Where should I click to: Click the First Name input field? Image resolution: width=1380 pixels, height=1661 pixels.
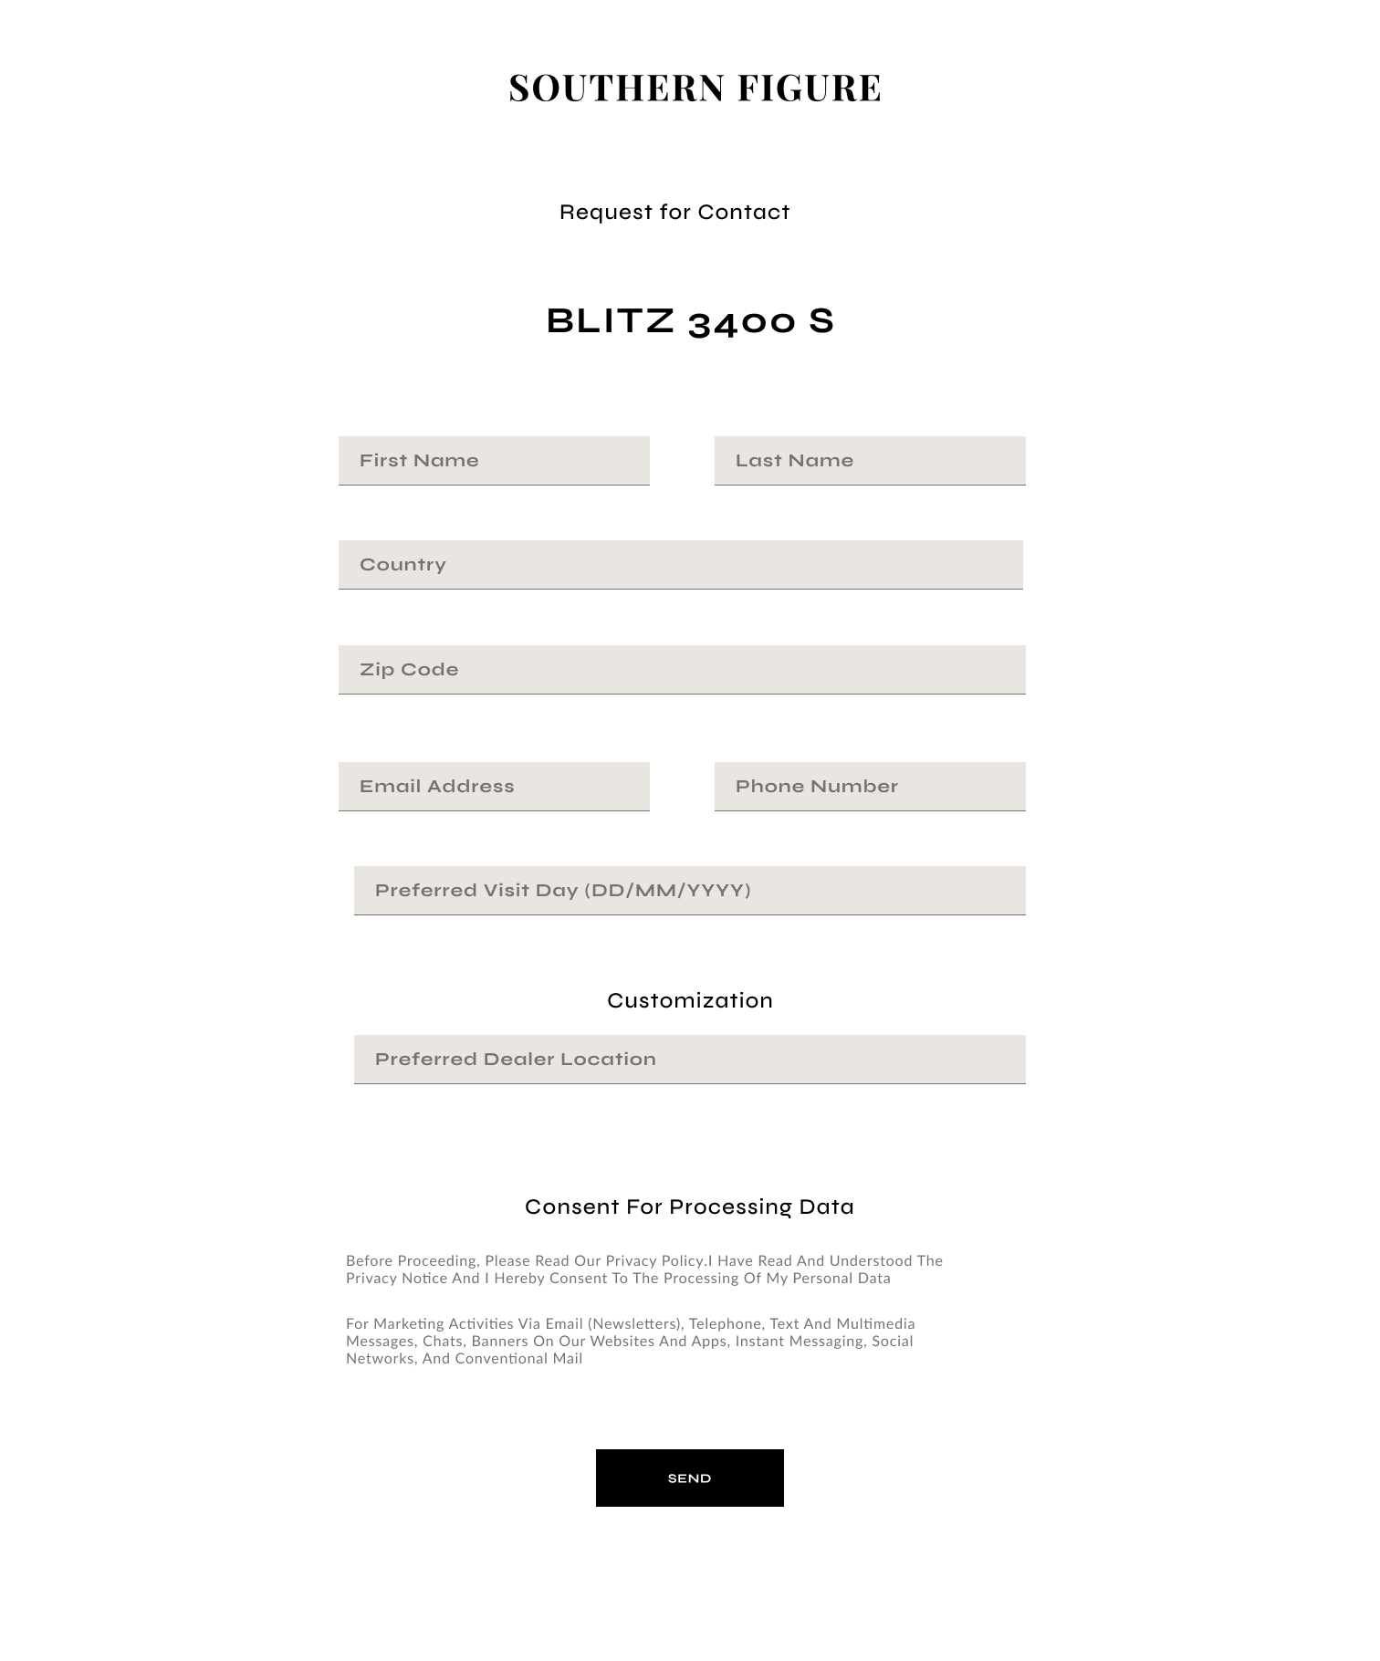(494, 461)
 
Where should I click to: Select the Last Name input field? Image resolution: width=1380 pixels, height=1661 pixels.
(870, 461)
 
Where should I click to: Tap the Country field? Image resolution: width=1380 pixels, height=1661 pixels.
(680, 565)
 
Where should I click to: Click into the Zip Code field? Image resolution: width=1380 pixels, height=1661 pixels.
(682, 670)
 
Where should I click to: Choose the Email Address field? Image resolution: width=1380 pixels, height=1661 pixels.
(494, 787)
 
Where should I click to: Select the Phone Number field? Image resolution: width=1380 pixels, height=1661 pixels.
(870, 787)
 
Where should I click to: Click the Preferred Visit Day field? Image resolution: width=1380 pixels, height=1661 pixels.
(689, 891)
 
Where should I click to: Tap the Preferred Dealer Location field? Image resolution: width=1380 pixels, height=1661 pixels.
(689, 1060)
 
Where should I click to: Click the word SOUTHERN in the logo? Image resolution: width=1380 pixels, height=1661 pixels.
(617, 89)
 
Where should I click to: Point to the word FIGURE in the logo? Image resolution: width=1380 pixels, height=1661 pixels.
(810, 89)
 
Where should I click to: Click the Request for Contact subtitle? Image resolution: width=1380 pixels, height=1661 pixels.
(674, 213)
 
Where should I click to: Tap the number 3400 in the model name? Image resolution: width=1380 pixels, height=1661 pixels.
(741, 322)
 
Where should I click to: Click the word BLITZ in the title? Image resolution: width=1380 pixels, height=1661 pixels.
(610, 321)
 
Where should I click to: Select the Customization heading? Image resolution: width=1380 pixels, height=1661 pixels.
(690, 1001)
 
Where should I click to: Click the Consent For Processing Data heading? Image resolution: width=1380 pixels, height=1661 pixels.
(689, 1207)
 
